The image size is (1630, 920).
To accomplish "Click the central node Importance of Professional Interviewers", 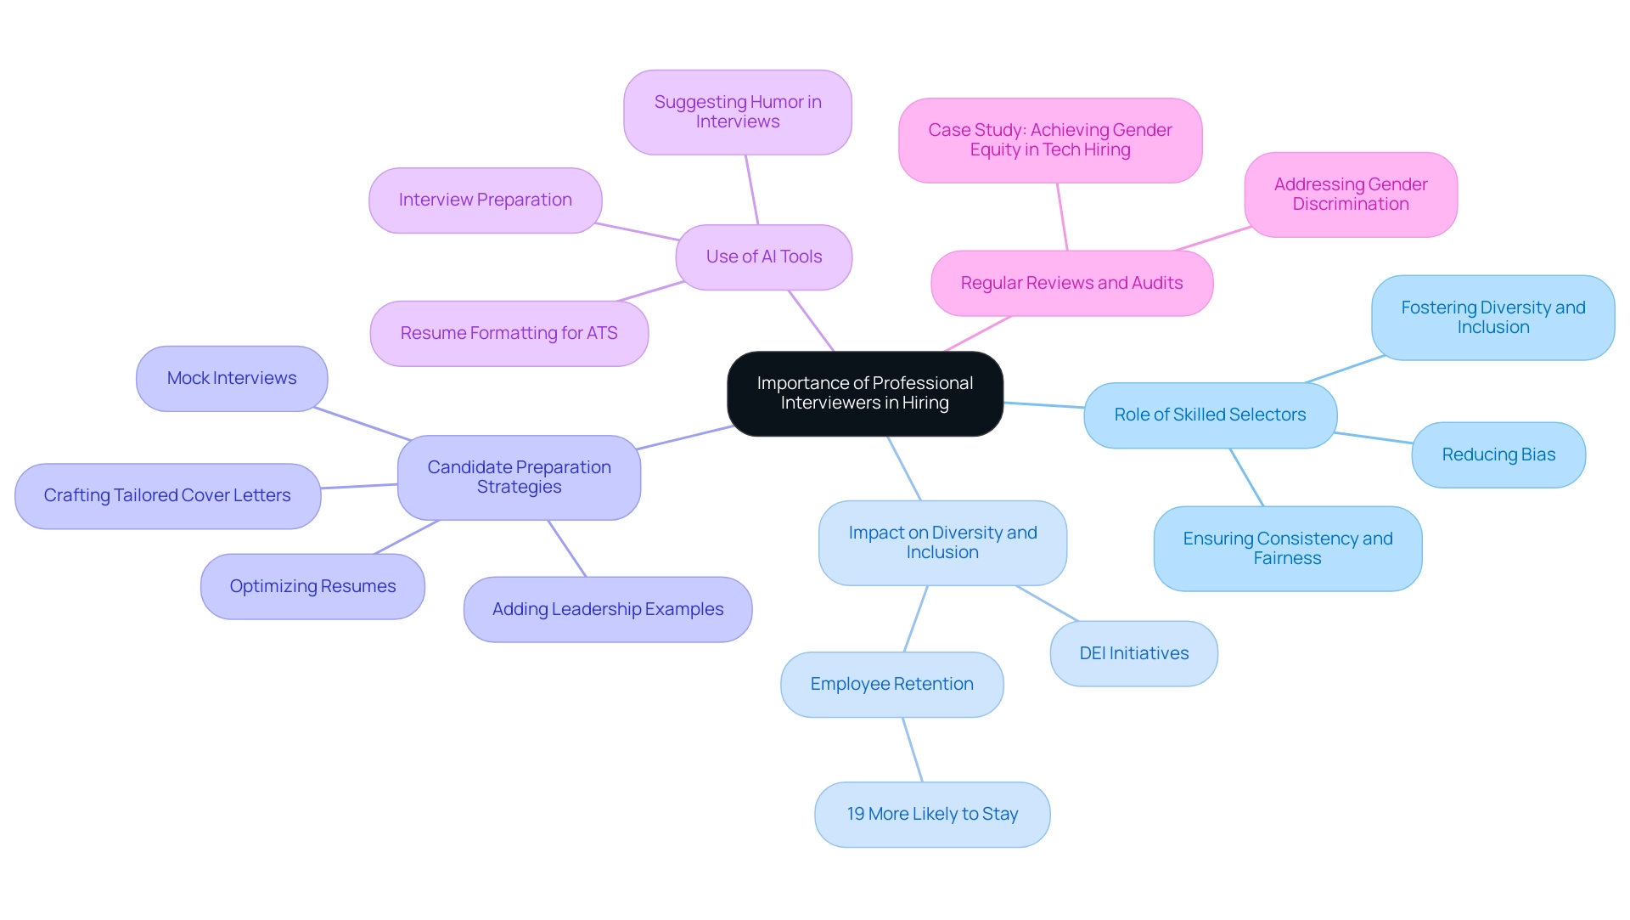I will click(x=864, y=393).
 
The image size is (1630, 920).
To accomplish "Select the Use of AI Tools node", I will click(x=763, y=257).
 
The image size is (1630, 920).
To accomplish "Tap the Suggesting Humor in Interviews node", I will click(x=737, y=112).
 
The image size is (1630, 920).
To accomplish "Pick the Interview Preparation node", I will click(x=485, y=200).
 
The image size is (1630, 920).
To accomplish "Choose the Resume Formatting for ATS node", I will click(x=509, y=333).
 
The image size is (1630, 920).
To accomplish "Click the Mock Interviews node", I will click(x=232, y=378).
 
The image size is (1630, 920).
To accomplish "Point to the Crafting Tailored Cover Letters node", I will click(x=167, y=495).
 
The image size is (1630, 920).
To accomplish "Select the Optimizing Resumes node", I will click(x=312, y=586).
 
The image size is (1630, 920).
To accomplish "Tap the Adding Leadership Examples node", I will click(x=607, y=609).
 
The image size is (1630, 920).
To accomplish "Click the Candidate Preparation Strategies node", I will click(x=519, y=477).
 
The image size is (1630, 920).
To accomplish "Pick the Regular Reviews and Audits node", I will click(x=1071, y=283).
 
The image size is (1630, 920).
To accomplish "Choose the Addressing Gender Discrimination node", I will click(x=1350, y=195).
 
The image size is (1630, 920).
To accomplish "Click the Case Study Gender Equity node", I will click(x=1049, y=140).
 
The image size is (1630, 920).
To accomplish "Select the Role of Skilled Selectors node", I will click(x=1210, y=415).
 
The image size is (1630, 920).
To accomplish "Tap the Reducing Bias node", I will click(x=1498, y=454).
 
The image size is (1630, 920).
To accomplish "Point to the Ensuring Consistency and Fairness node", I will click(x=1287, y=548).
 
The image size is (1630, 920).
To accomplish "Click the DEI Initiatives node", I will click(x=1133, y=653).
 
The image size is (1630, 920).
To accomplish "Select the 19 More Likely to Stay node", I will click(x=932, y=814).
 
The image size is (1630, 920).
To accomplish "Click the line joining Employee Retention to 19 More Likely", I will click(x=913, y=750).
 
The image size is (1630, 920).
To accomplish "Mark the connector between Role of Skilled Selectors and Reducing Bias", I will click(x=1374, y=438).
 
